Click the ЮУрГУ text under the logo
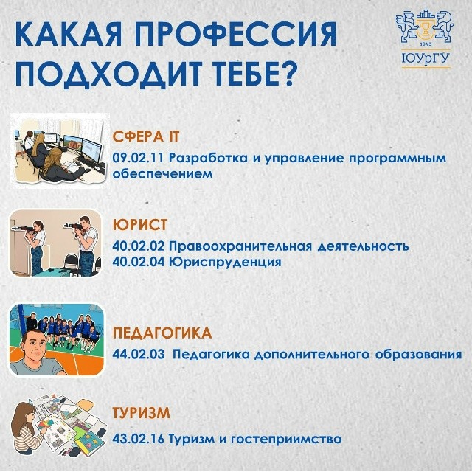pos(426,58)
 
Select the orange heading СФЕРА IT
pos(146,136)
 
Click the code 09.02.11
pos(138,158)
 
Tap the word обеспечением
pos(162,174)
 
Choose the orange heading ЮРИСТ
pos(139,224)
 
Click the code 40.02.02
pos(139,246)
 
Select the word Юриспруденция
pos(225,262)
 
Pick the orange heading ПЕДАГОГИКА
pos(162,333)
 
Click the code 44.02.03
pos(139,354)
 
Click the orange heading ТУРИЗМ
pos(141,413)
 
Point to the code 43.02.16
pos(138,439)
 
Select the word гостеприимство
pos(286,440)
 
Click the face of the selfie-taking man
pos(35,347)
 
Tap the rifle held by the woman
pos(25,229)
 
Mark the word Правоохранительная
pos(240,246)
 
